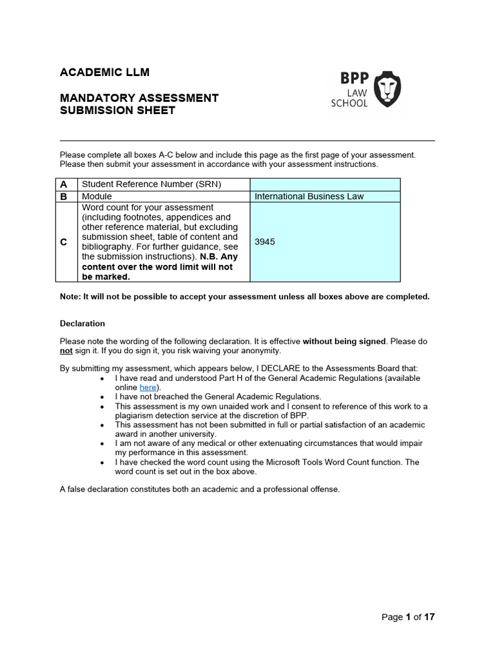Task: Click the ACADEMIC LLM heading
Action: pos(104,72)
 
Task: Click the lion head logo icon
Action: pos(387,90)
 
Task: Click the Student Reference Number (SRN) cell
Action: pos(151,184)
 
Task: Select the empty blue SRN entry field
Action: pos(324,184)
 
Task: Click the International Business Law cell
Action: pos(309,197)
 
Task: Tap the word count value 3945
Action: pos(265,242)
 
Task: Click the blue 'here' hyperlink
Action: pos(148,387)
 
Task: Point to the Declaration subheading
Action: pos(82,324)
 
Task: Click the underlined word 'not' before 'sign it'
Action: pos(66,351)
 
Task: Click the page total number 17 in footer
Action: pos(429,617)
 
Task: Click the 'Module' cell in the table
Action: pos(97,197)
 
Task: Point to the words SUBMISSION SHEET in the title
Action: pos(117,110)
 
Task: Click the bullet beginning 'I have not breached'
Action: pos(218,397)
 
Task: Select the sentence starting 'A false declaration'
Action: pos(200,489)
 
